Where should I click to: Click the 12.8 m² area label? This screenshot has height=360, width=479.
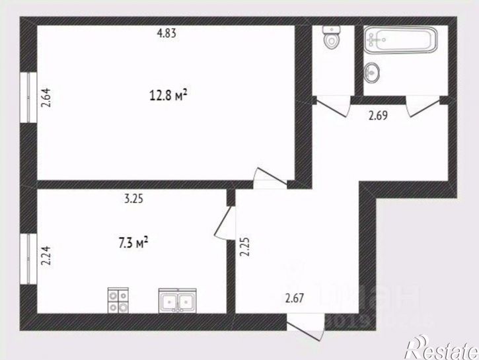pyautogui.click(x=168, y=95)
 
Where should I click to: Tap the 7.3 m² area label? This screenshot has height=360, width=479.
pyautogui.click(x=132, y=243)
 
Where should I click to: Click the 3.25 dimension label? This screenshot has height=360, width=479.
pyautogui.click(x=133, y=197)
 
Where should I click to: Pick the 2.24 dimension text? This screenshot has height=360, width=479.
pyautogui.click(x=46, y=254)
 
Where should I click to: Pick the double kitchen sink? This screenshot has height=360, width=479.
pyautogui.click(x=177, y=301)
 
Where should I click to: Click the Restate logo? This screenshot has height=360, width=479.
pyautogui.click(x=439, y=345)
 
